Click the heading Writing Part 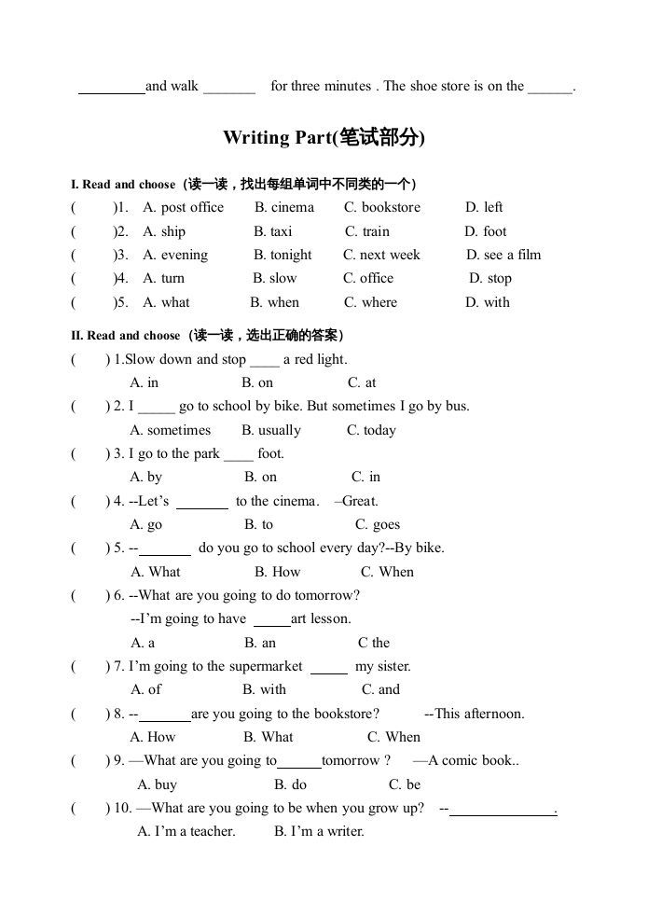tap(324, 138)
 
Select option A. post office tap(183, 207)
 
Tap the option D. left tap(484, 207)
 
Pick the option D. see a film tap(503, 255)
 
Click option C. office tap(368, 278)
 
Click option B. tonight tap(283, 255)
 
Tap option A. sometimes tap(171, 430)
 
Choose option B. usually tap(271, 430)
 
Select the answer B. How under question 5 tap(278, 572)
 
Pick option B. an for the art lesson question tap(260, 643)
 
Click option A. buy tap(157, 784)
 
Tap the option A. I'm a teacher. tap(186, 831)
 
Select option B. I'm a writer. tap(319, 831)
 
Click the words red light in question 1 tap(320, 359)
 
